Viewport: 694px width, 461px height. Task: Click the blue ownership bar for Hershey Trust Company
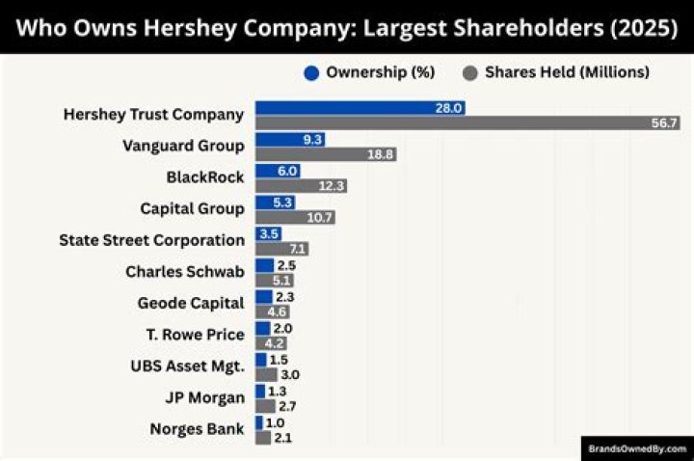360,108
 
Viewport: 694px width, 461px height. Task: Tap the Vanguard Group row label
183,146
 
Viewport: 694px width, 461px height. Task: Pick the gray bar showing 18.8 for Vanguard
326,154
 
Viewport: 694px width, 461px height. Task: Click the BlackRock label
205,176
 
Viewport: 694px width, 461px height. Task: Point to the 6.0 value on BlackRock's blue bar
287,171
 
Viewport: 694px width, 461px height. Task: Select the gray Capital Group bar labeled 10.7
295,217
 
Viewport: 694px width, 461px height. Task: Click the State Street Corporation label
151,239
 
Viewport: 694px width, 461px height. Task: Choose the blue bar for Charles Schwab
264,265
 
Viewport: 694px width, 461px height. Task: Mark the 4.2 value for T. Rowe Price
275,342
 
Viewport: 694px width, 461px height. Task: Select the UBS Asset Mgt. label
187,366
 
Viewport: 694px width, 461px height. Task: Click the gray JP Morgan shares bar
265,406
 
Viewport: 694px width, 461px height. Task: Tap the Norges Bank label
197,429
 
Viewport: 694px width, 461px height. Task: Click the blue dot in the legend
310,72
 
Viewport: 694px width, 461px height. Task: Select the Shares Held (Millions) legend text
567,72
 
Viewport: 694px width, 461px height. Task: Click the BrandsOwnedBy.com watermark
637,448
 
